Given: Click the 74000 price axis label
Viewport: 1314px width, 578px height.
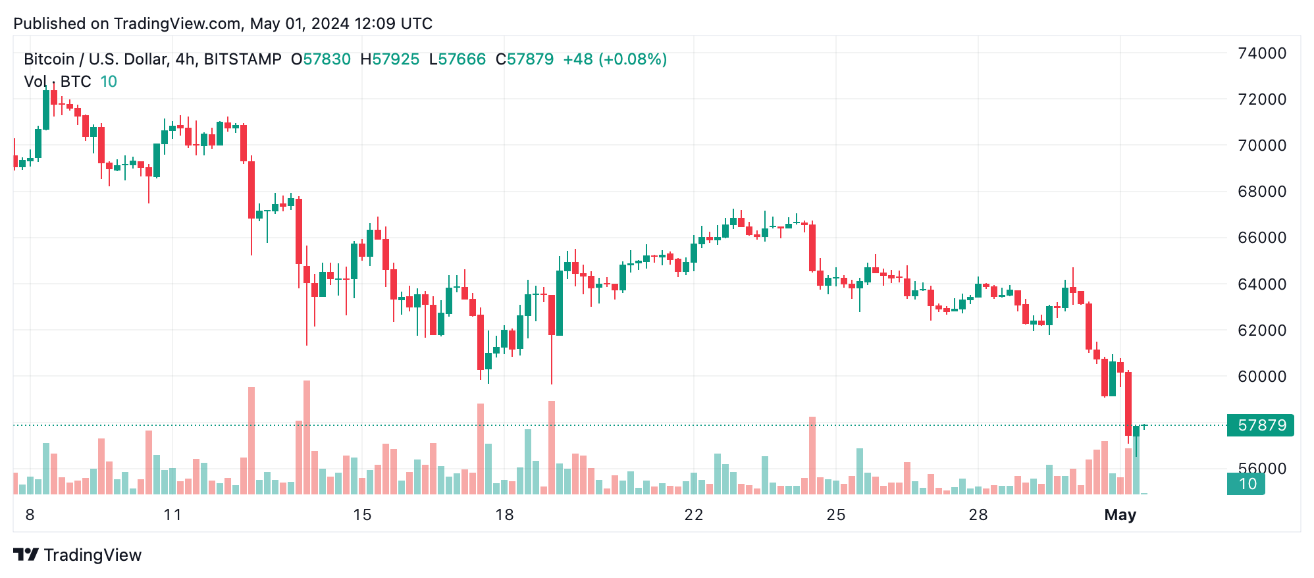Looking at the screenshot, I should (x=1261, y=53).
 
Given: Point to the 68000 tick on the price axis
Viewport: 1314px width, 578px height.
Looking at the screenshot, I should (x=1261, y=192).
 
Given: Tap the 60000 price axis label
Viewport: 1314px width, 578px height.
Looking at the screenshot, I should (x=1261, y=377).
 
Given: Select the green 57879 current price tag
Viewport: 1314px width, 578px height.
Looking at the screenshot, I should (x=1261, y=425).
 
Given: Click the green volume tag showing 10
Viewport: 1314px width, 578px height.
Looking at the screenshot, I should (x=1246, y=484).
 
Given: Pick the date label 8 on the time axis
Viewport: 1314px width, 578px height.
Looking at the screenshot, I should (x=30, y=515).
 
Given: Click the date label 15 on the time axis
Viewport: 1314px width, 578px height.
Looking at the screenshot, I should (x=362, y=515).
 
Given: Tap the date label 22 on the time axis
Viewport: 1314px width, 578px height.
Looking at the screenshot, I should (x=694, y=515).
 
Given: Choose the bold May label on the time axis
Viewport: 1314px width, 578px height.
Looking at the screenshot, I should (x=1120, y=515).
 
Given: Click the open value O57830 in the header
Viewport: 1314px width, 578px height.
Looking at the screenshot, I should (x=321, y=59).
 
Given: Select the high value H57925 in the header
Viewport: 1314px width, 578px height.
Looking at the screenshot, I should (x=390, y=59).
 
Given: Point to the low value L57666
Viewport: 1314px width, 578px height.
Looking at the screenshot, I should (x=458, y=59).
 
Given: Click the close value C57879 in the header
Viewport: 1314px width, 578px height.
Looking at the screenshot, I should (x=525, y=59).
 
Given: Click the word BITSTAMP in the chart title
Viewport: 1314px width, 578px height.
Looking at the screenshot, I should (x=243, y=59).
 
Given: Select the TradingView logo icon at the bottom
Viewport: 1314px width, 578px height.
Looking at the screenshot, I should (x=26, y=555).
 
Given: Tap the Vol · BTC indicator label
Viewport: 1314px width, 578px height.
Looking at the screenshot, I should (x=57, y=82).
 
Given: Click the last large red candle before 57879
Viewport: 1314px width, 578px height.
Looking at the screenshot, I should (x=1128, y=403).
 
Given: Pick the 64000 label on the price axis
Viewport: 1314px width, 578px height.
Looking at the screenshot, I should (x=1261, y=284).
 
